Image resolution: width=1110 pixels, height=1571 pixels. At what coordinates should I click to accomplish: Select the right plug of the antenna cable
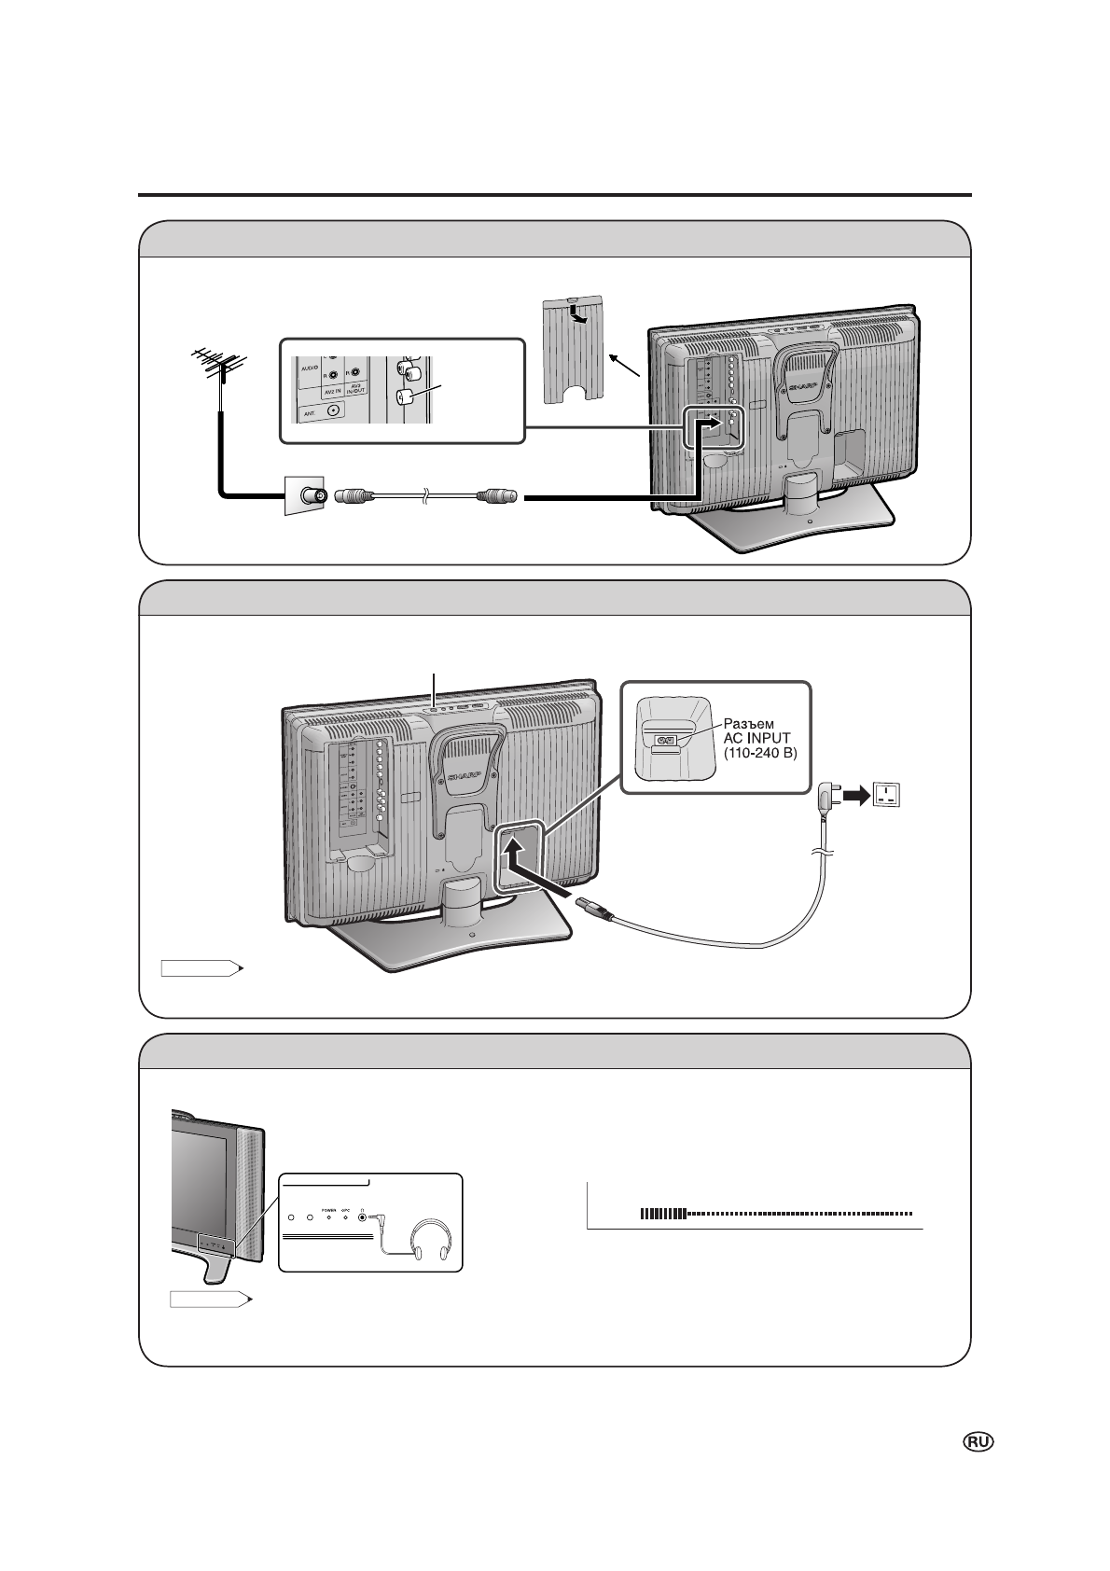495,497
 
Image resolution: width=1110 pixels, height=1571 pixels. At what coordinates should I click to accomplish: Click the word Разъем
751,722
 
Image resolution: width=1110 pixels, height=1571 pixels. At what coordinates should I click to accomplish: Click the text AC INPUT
756,737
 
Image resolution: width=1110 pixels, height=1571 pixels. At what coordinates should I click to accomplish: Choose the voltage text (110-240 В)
760,752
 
